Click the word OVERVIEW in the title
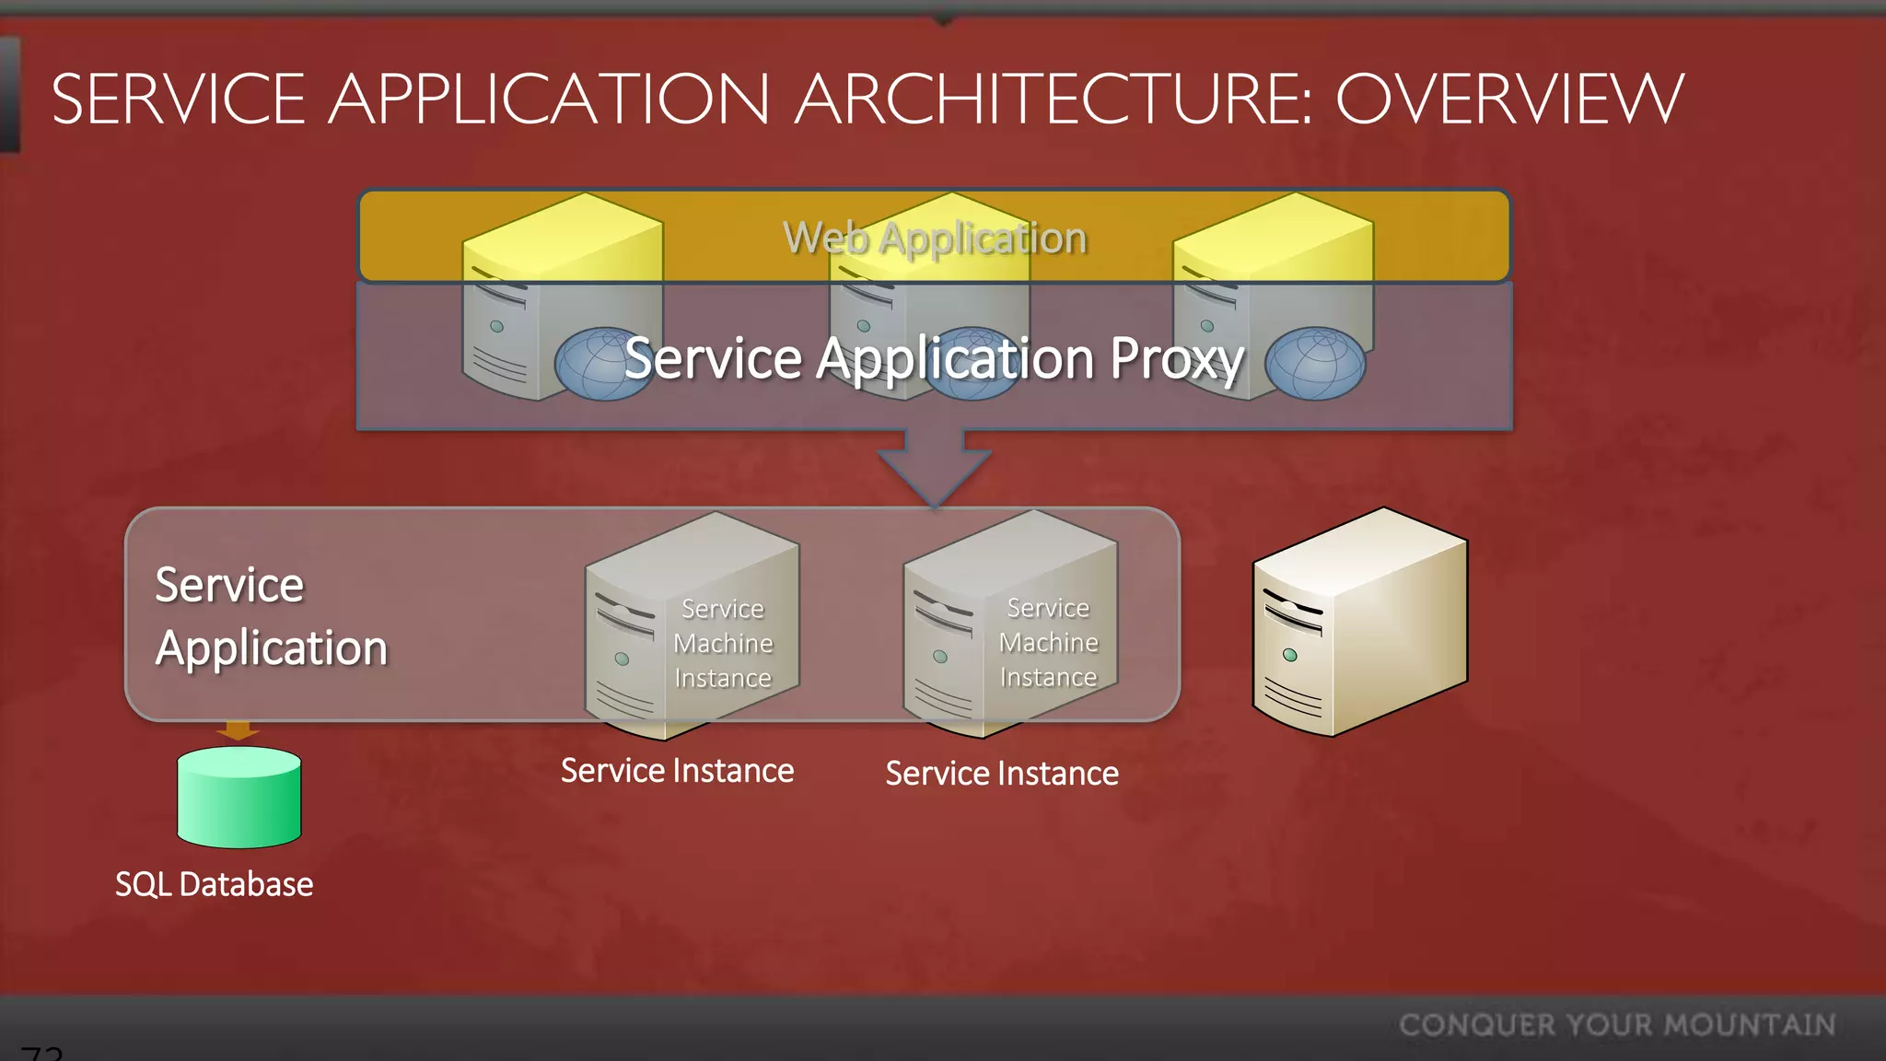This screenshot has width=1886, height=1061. point(1509,99)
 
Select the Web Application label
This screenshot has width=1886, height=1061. point(935,238)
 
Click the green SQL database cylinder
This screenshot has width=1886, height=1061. point(239,798)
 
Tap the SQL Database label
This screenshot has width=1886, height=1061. point(214,884)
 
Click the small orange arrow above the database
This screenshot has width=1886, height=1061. point(238,731)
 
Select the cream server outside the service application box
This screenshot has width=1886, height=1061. point(1359,622)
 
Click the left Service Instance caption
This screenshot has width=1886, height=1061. point(677,771)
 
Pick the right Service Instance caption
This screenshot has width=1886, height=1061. point(1002,774)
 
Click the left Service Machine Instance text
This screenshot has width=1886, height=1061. point(723,643)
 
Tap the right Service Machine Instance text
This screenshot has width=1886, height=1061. point(1049,642)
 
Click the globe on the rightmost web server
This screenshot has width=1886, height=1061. point(1315,364)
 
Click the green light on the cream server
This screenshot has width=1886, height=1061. point(1289,655)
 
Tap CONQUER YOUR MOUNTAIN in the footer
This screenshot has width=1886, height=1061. point(1617,1025)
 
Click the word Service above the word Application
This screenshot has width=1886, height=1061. point(229,585)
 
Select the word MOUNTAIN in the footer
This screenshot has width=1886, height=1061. point(1750,1025)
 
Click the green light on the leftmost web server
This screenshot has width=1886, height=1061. point(496,326)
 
